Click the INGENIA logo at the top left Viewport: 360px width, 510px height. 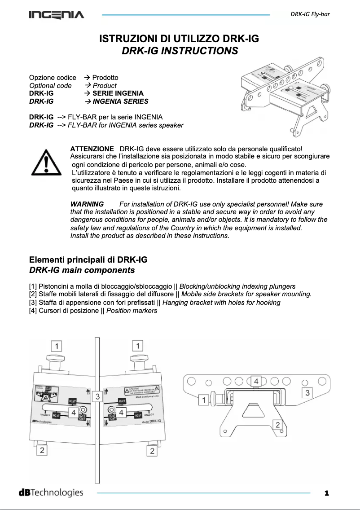coord(57,15)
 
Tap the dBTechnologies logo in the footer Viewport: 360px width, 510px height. coord(51,492)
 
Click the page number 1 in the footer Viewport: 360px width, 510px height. coord(327,493)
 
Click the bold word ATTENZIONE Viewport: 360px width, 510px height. coord(92,149)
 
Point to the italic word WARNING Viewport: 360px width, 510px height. coord(87,204)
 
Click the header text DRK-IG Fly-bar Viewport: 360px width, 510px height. coord(310,14)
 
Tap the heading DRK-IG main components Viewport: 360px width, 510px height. coord(82,270)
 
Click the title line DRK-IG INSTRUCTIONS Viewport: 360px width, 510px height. coord(180,51)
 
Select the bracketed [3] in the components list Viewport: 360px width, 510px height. coord(34,303)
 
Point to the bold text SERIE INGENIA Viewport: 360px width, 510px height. coord(118,93)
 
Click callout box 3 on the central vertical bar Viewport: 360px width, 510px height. coord(97,397)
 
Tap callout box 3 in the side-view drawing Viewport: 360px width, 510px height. coord(307,393)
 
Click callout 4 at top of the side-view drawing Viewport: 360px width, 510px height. coord(256,381)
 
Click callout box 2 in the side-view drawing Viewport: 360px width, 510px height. coord(278,425)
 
